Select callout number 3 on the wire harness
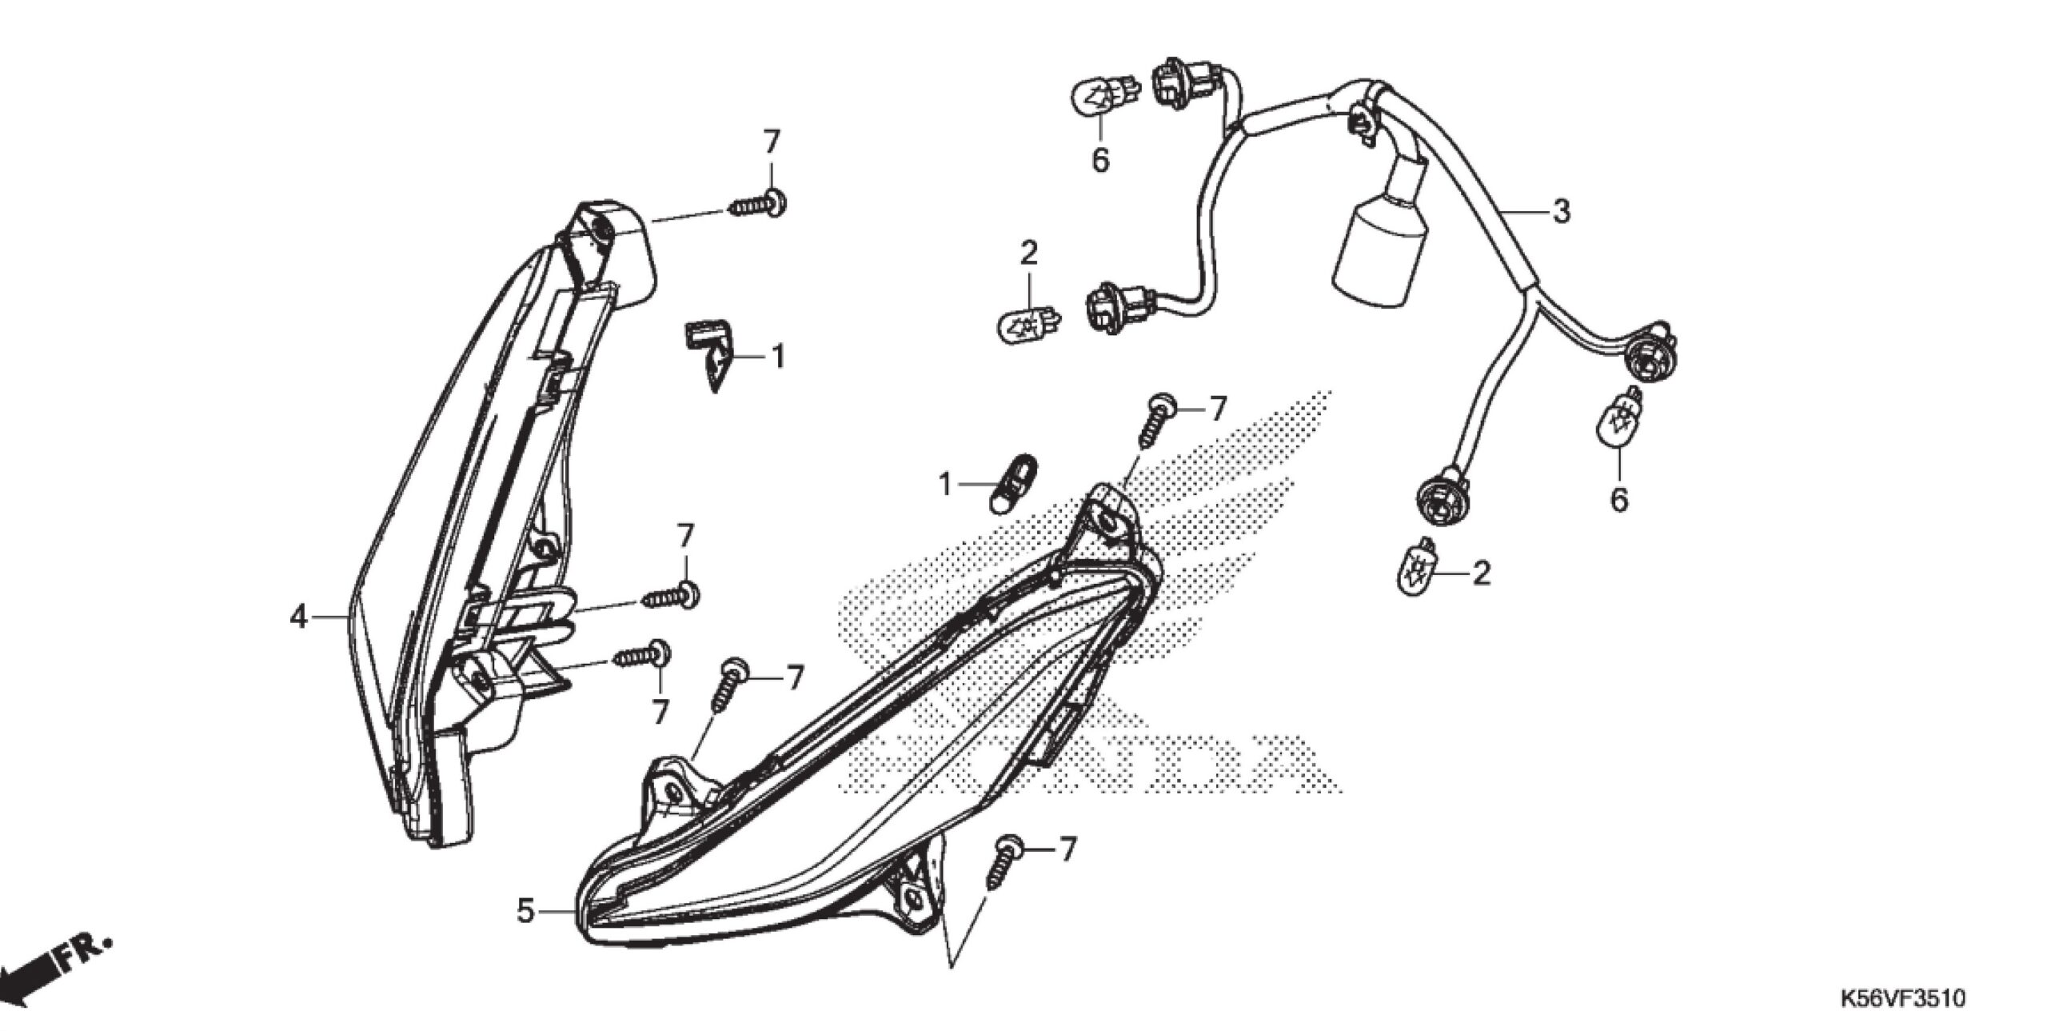(1560, 211)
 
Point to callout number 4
(298, 617)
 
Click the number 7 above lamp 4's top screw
(770, 142)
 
